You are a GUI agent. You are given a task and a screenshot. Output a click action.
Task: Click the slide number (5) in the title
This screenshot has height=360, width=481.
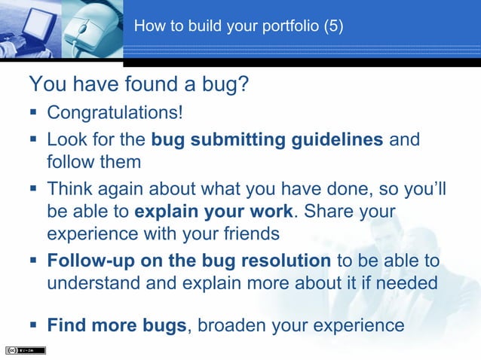(332, 26)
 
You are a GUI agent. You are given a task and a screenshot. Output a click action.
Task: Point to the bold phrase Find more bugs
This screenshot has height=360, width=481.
(116, 326)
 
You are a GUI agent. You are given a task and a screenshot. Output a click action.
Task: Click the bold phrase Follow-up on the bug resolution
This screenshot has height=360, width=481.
(188, 261)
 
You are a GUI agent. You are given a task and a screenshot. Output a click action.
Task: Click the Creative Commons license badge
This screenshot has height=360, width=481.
(26, 350)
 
